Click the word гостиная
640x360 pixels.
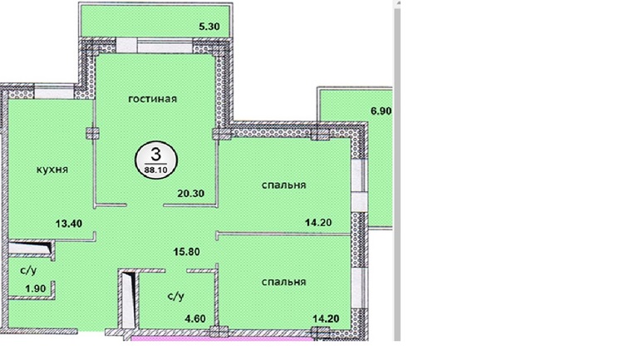(153, 99)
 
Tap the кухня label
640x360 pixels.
(52, 170)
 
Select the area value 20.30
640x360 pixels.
(190, 193)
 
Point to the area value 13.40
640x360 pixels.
(69, 224)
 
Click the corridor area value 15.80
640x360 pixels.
(186, 252)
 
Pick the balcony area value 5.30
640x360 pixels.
(209, 27)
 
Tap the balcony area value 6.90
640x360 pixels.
(381, 111)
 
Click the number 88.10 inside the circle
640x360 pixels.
(156, 170)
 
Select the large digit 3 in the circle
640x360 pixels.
(156, 155)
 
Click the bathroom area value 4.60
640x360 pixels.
(195, 318)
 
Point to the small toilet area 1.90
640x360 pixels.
(36, 288)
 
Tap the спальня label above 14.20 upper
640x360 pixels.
(283, 185)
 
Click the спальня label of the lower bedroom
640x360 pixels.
(283, 282)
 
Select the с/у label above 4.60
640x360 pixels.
(176, 296)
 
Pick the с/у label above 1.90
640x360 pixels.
(28, 270)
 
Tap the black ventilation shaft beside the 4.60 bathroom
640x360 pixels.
(130, 300)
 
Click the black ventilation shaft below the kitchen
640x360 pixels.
(32, 248)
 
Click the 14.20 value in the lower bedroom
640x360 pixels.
(326, 318)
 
